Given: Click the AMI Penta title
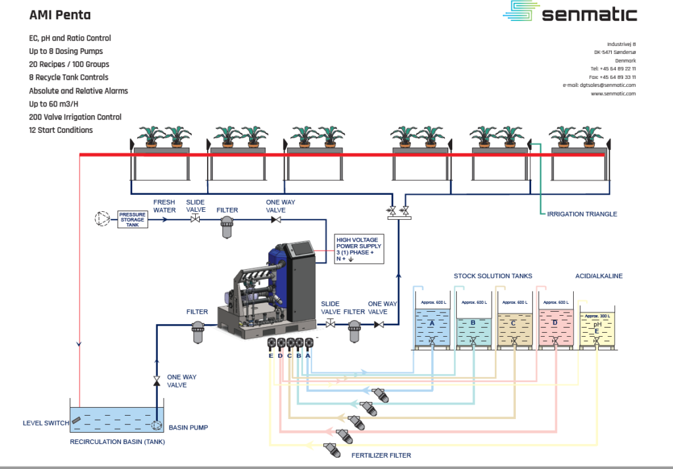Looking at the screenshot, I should coord(60,14).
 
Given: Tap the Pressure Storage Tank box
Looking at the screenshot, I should coord(133,219).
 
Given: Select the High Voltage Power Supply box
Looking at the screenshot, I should coord(358,249).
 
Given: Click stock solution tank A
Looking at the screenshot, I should coord(432,326).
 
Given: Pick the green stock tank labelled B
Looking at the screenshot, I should coord(473,326).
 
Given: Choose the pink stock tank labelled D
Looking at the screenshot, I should coord(555,326).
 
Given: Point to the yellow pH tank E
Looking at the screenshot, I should coord(596,329).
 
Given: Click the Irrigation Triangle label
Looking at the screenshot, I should coord(582,214).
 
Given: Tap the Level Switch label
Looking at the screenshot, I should coord(46,423).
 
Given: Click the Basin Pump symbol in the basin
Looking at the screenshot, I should coord(156,426).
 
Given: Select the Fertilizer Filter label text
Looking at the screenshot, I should coord(381,455).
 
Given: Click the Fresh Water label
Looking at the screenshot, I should coord(164,206).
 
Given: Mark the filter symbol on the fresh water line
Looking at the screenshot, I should coord(227,226).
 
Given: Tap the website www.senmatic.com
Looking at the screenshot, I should coord(613,93).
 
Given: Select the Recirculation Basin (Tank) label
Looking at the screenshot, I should coord(118,442).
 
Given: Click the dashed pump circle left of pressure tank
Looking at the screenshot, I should coord(102,218).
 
